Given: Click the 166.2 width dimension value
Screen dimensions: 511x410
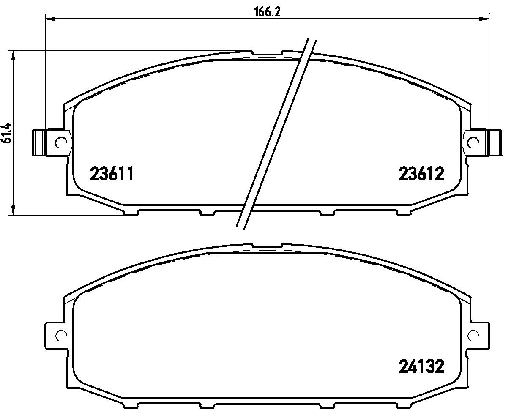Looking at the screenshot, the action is (267, 12).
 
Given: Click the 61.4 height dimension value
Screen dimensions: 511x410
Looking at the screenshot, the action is (7, 133).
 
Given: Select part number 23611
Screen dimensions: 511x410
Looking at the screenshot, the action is (112, 174).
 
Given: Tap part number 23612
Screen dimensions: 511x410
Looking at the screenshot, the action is (421, 174).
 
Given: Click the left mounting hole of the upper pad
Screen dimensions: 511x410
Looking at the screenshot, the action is (61, 142).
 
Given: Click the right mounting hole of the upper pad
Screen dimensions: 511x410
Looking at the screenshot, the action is (473, 142).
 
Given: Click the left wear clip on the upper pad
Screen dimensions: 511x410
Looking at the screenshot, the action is (40, 143).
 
